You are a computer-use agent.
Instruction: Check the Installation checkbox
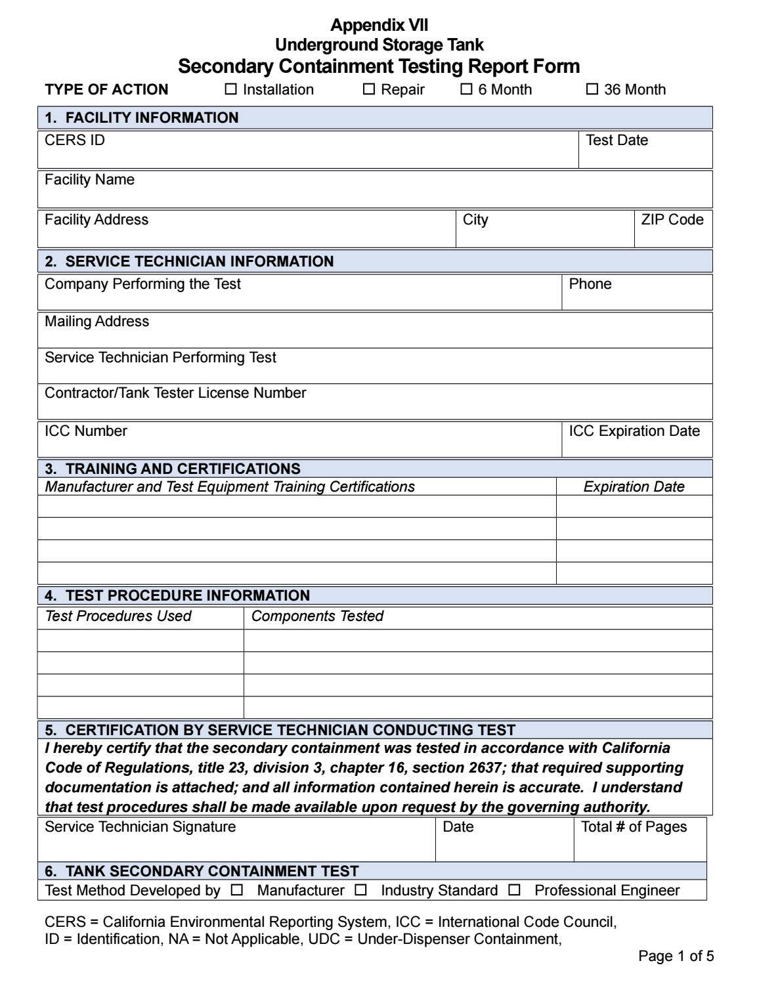pyautogui.click(x=231, y=89)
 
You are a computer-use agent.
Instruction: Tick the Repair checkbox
pyautogui.click(x=369, y=89)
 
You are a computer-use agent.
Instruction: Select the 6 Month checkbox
pyautogui.click(x=466, y=89)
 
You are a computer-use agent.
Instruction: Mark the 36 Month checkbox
pyautogui.click(x=592, y=89)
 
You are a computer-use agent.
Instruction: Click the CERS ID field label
pyautogui.click(x=75, y=140)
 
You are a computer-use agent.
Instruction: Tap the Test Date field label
pyautogui.click(x=617, y=140)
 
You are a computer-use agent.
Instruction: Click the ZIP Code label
pyautogui.click(x=672, y=220)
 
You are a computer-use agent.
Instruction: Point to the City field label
pyautogui.click(x=475, y=220)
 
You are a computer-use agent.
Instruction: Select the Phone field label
pyautogui.click(x=590, y=284)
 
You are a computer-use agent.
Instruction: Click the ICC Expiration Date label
pyautogui.click(x=634, y=431)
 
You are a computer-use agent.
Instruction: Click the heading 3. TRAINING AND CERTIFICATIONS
pyautogui.click(x=173, y=469)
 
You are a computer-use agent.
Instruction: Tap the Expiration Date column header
pyautogui.click(x=634, y=487)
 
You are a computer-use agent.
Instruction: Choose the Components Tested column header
pyautogui.click(x=317, y=616)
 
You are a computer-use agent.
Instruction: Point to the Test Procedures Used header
pyautogui.click(x=118, y=616)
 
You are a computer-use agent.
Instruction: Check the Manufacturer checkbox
pyautogui.click(x=237, y=890)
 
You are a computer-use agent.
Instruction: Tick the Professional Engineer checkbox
pyautogui.click(x=515, y=890)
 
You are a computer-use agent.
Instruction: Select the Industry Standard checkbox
pyautogui.click(x=361, y=890)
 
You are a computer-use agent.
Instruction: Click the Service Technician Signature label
pyautogui.click(x=140, y=827)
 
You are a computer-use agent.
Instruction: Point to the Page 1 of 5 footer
pyautogui.click(x=676, y=956)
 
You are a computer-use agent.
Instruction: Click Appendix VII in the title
pyautogui.click(x=379, y=26)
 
